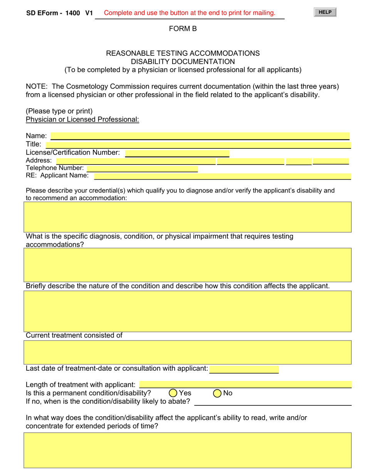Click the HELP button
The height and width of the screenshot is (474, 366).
click(x=325, y=12)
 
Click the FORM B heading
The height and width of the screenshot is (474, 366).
click(x=183, y=29)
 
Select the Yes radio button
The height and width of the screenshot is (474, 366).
click(x=173, y=393)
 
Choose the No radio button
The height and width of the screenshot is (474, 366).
click(x=217, y=393)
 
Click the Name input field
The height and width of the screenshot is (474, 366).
click(x=200, y=136)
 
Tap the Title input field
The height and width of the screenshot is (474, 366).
click(x=198, y=145)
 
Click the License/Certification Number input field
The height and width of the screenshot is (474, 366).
click(x=177, y=153)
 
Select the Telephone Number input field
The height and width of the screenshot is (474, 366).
click(x=142, y=168)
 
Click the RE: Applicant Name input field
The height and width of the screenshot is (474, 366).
click(x=222, y=176)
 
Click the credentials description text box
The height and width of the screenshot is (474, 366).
click(x=188, y=217)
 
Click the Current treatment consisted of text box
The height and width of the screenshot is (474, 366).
click(x=188, y=352)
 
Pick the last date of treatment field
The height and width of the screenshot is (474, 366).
click(x=244, y=369)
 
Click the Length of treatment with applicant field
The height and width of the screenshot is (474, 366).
click(x=245, y=385)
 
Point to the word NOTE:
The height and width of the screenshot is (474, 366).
click(x=37, y=86)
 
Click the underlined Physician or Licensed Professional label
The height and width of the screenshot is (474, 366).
click(x=82, y=119)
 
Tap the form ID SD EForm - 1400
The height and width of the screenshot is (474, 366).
click(x=53, y=13)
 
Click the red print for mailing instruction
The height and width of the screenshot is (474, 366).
click(x=190, y=13)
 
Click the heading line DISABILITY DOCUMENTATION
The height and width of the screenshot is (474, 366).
click(x=183, y=62)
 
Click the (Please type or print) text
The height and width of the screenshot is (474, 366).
click(x=59, y=111)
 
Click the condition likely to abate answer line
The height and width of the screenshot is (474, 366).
click(x=273, y=402)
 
